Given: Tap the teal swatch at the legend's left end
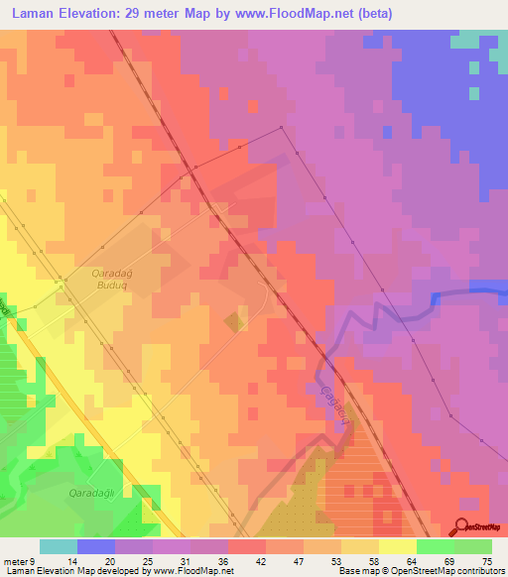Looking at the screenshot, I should [x=59, y=546].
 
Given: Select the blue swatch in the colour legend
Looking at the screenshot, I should [x=96, y=546].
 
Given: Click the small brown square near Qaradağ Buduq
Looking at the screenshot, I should [x=234, y=322].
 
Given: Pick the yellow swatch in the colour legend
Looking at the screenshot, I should [x=398, y=546].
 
